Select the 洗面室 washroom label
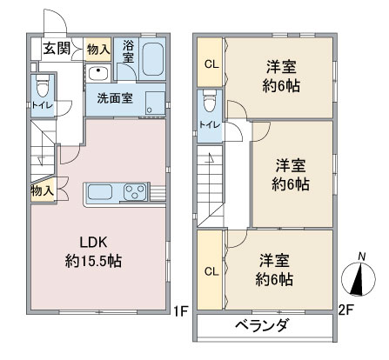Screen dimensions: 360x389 click(114, 97)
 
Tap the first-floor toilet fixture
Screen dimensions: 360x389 click(41, 89)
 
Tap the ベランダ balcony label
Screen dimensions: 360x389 click(261, 326)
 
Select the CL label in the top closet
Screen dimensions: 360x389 click(211, 63)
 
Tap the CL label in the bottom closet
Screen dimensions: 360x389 click(211, 271)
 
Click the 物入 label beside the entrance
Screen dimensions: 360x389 click(98, 50)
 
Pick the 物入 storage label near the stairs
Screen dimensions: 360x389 click(41, 190)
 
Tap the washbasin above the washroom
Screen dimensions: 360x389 click(100, 73)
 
